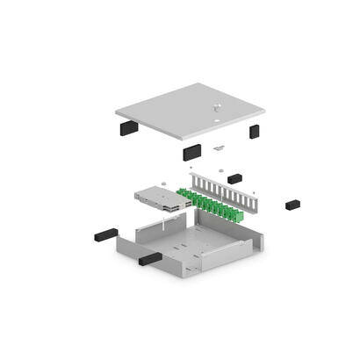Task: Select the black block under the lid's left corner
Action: pos(126,127)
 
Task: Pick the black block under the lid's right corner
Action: pos(254,132)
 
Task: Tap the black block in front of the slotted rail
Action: pos(234,179)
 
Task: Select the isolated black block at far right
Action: pos(292,204)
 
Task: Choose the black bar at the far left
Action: pos(104,235)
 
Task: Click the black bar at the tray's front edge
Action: pos(148,258)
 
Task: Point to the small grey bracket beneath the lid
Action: pos(220,147)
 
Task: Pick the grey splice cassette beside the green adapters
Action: pos(158,198)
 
